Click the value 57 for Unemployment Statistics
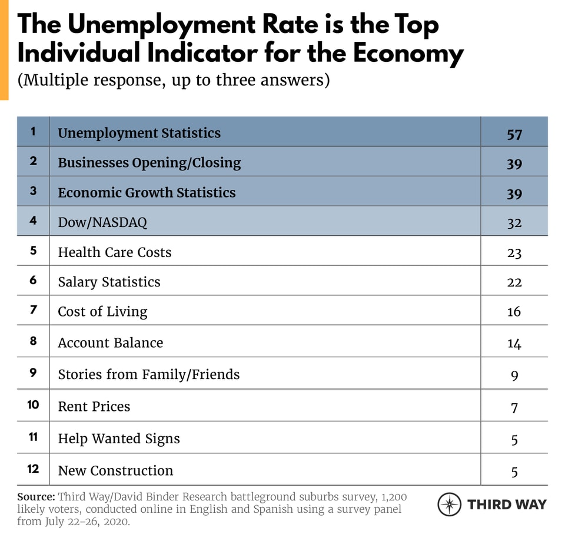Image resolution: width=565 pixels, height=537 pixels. [x=514, y=134]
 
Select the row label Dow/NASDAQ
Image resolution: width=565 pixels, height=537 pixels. [x=102, y=222]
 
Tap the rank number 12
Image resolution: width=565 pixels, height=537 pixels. [x=33, y=469]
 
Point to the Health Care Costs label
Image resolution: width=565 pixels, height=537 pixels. [x=114, y=252]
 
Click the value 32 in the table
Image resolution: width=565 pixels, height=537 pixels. [x=514, y=223]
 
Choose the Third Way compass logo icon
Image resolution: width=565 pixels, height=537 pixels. [x=449, y=505]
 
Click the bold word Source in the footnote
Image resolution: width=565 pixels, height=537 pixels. [x=35, y=496]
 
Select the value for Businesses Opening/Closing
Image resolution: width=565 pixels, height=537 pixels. [x=514, y=163]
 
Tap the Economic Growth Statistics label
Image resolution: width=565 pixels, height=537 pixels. [x=146, y=193]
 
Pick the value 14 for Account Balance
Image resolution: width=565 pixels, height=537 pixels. [x=514, y=343]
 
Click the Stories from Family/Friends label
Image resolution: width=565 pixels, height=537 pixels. [x=148, y=374]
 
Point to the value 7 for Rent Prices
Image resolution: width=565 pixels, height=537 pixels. [x=514, y=407]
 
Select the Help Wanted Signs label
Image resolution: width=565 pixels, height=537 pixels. [x=118, y=439]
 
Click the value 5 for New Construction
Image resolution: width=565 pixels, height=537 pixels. [x=514, y=471]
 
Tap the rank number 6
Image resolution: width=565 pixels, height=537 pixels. [x=33, y=281]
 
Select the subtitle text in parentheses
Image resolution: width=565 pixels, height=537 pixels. [x=174, y=80]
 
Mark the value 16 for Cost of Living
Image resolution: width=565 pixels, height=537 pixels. [x=514, y=311]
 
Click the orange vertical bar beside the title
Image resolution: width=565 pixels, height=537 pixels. [x=4, y=50]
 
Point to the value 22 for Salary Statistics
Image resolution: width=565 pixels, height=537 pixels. [x=514, y=282]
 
